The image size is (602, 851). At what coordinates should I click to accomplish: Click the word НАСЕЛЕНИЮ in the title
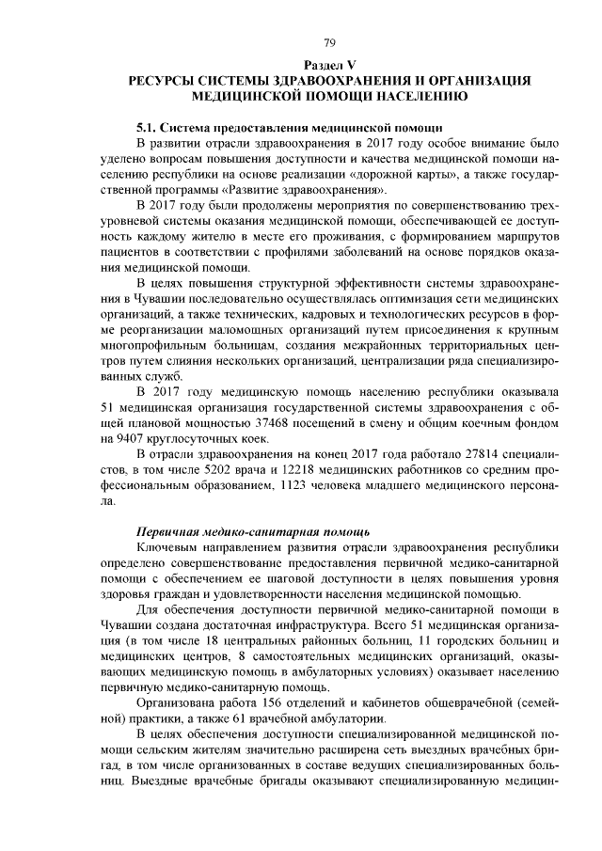click(x=416, y=96)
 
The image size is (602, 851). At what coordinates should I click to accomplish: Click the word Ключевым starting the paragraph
click(x=166, y=546)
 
